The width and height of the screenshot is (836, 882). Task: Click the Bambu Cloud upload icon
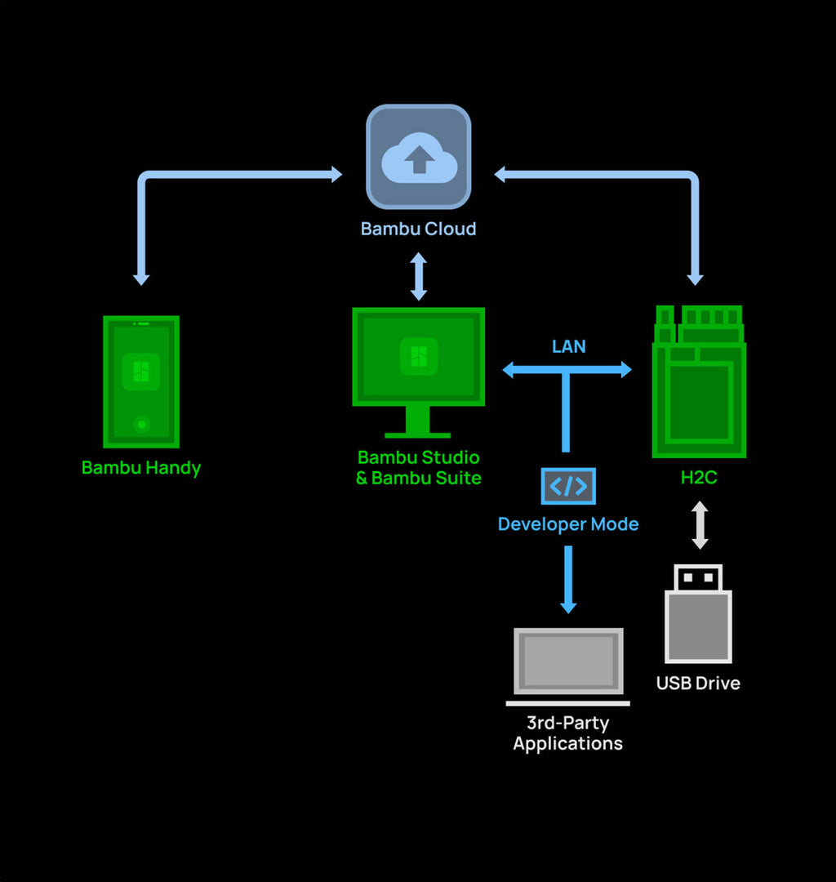click(x=418, y=157)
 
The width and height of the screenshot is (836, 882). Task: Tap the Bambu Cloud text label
click(x=418, y=229)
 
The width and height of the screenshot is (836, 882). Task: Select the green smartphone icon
click(x=141, y=381)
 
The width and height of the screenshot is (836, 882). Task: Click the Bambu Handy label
click(x=141, y=468)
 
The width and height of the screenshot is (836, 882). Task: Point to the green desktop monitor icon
click(x=418, y=357)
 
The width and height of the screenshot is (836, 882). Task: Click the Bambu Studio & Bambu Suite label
click(x=418, y=468)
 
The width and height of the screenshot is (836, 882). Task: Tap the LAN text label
click(x=568, y=346)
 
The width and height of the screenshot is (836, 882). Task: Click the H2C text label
click(x=699, y=478)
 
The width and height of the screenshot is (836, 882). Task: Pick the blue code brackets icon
click(x=568, y=487)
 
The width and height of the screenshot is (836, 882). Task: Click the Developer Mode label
click(x=568, y=524)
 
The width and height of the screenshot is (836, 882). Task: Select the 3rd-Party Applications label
click(x=568, y=733)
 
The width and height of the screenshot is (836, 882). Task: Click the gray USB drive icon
click(x=698, y=614)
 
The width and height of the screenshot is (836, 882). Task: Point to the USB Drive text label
click(x=698, y=684)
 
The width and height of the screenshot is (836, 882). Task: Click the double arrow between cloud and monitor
click(x=418, y=277)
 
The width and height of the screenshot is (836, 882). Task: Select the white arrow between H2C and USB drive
click(x=700, y=525)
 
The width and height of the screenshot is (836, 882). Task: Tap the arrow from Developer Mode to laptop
click(x=568, y=580)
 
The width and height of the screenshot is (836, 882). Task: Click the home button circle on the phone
click(x=141, y=424)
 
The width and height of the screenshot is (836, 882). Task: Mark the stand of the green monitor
click(x=418, y=422)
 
